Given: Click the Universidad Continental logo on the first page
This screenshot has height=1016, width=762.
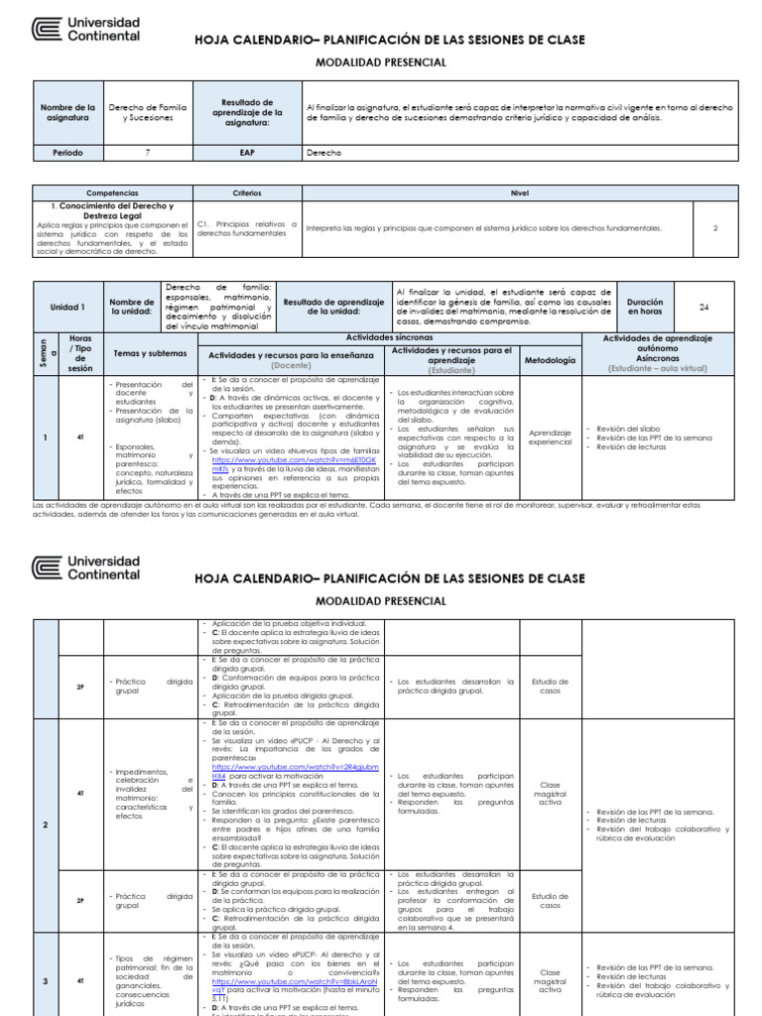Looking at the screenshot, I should click(x=86, y=29).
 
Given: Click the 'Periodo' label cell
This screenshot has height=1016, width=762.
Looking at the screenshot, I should click(x=66, y=154).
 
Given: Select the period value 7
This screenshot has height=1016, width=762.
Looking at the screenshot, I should click(x=147, y=154).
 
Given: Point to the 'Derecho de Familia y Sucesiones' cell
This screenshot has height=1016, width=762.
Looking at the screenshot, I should click(x=147, y=111).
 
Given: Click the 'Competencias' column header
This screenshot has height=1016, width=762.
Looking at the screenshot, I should click(x=112, y=194).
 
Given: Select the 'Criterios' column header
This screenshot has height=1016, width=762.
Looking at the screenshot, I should click(x=247, y=194).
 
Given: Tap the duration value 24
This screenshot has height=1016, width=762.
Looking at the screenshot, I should click(x=704, y=308).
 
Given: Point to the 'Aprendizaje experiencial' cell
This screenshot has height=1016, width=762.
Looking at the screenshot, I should click(x=549, y=437).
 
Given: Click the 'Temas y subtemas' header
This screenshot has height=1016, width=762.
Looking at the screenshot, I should click(x=149, y=353).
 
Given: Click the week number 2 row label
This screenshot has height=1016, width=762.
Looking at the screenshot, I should click(x=46, y=825).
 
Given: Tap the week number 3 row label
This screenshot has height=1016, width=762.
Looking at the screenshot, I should click(x=46, y=981).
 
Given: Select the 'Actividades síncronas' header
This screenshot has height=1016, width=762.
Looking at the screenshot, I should click(x=389, y=337).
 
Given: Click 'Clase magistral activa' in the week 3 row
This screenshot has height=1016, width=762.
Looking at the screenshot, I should click(x=549, y=981).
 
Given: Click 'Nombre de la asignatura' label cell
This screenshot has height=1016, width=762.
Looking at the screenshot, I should click(x=66, y=111).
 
